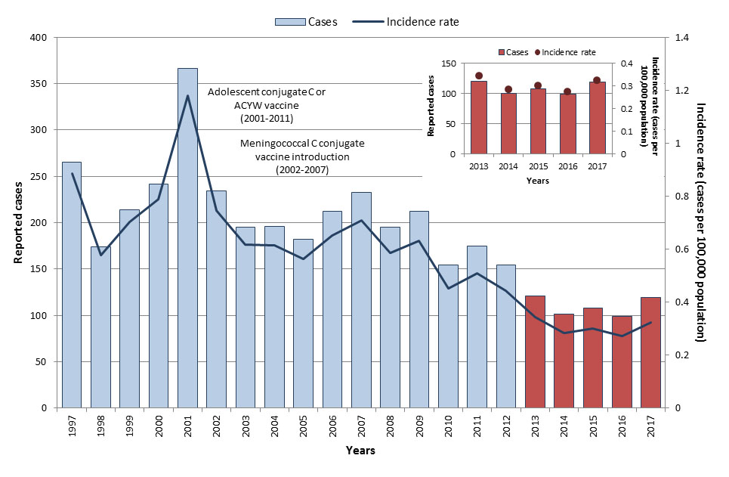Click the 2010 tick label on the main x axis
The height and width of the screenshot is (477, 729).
[448, 429]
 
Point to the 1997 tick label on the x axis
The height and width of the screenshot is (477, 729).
[72, 429]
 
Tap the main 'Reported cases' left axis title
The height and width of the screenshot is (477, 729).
[17, 222]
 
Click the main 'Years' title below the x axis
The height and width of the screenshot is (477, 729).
[360, 451]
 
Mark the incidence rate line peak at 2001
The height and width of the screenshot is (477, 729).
[187, 96]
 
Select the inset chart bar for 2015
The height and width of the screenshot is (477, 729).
[537, 121]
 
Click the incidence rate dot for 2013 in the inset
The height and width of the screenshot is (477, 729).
[478, 76]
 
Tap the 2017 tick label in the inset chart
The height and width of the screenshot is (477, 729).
[597, 167]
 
